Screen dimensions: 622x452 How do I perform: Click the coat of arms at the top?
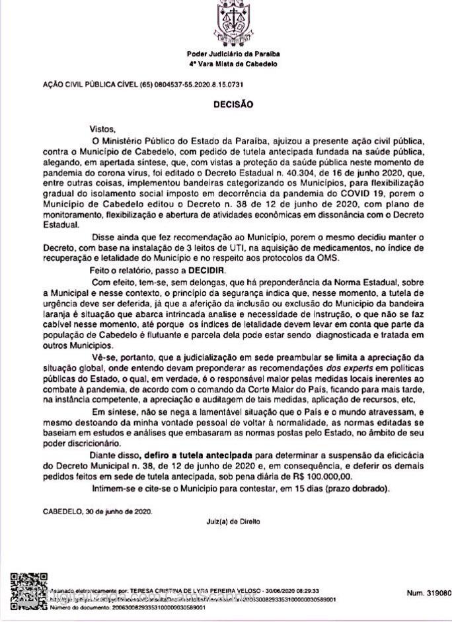232,22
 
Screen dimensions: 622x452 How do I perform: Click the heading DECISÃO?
232,105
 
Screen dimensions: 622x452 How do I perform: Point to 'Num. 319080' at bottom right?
428,593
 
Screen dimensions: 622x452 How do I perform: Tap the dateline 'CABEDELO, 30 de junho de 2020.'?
97,511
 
